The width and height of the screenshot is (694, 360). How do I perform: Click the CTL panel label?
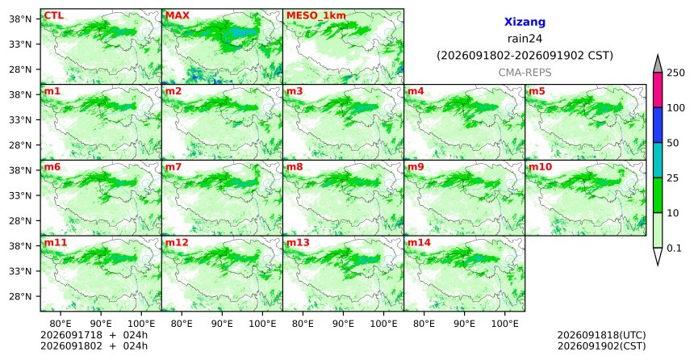click(53, 15)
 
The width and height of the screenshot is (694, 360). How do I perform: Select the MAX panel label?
click(177, 15)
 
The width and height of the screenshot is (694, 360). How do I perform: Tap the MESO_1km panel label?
click(316, 15)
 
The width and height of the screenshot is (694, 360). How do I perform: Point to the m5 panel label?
click(537, 91)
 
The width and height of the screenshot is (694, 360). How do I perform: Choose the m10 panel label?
click(541, 167)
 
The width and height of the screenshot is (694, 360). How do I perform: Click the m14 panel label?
click(419, 243)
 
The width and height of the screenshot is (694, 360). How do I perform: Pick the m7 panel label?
click(173, 167)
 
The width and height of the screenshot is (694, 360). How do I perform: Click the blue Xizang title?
click(525, 22)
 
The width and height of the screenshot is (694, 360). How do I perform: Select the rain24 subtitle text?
click(525, 39)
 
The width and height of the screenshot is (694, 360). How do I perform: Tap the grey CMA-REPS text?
click(525, 73)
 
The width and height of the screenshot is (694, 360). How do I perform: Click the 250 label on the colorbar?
click(675, 73)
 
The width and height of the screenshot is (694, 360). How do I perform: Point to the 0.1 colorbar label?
click(674, 248)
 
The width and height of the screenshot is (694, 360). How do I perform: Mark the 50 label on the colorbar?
click(673, 143)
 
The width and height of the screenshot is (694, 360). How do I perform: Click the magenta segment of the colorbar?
click(657, 90)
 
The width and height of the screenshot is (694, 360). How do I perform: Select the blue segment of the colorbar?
click(657, 125)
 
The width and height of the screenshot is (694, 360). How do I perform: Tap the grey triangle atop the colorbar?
click(657, 65)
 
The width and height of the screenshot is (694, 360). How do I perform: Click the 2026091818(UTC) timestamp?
click(601, 335)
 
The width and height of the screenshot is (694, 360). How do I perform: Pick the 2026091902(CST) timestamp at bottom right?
click(601, 345)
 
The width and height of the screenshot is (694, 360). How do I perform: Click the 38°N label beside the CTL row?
click(20, 19)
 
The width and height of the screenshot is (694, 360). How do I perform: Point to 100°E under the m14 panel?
click(504, 324)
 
